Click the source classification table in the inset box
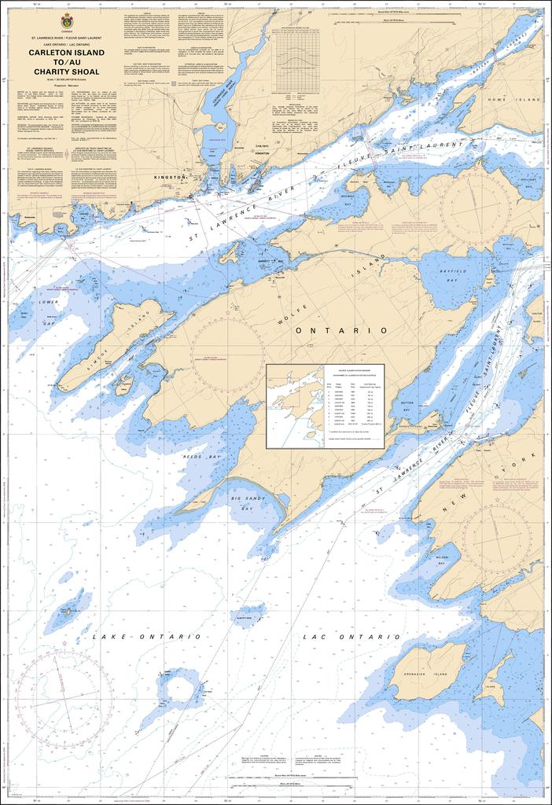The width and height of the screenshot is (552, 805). [351, 406]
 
